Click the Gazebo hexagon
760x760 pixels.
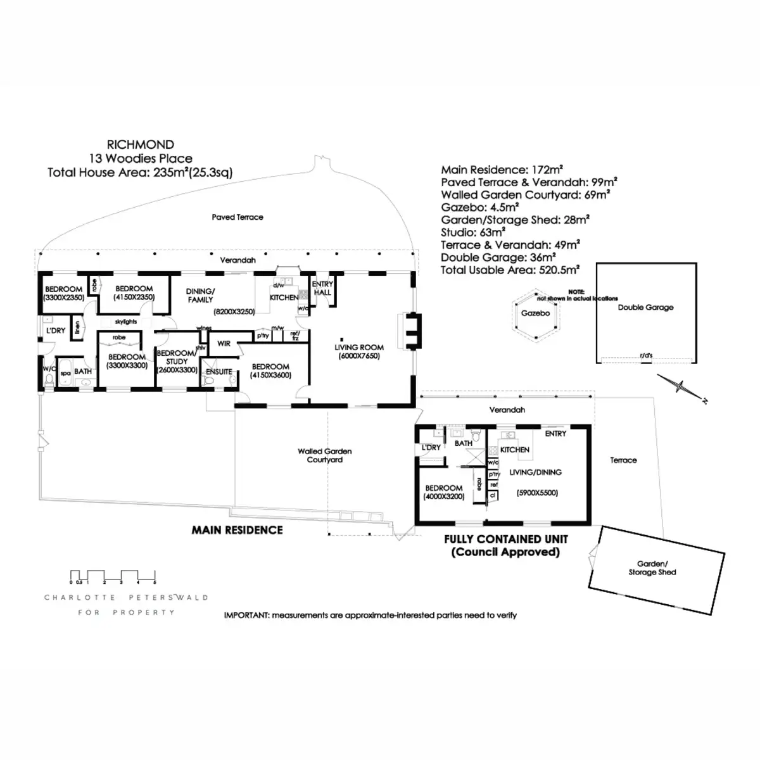[535, 313]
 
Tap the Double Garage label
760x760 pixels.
[645, 308]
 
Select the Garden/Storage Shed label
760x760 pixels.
[652, 568]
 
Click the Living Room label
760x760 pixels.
[359, 348]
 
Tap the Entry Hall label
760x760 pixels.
[322, 289]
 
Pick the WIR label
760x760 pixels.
[224, 344]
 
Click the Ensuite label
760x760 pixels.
[218, 372]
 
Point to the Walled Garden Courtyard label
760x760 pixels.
[325, 455]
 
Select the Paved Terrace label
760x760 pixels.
[237, 217]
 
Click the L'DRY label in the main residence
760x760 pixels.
[56, 331]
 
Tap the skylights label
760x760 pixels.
[126, 322]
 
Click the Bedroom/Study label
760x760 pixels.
[177, 362]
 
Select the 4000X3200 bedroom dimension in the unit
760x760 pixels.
[444, 497]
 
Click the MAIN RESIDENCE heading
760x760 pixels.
[237, 530]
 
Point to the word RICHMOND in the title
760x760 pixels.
[141, 144]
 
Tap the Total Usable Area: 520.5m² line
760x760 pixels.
[510, 270]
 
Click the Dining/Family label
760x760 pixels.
[200, 296]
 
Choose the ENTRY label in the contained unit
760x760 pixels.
[555, 434]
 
